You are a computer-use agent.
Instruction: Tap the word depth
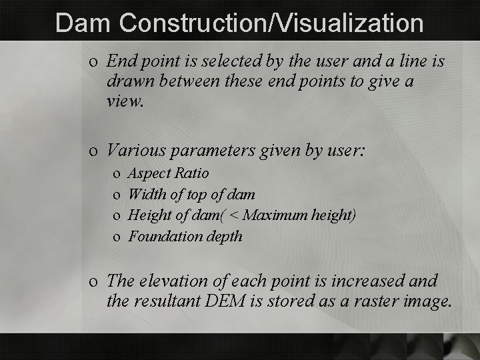[223, 237]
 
